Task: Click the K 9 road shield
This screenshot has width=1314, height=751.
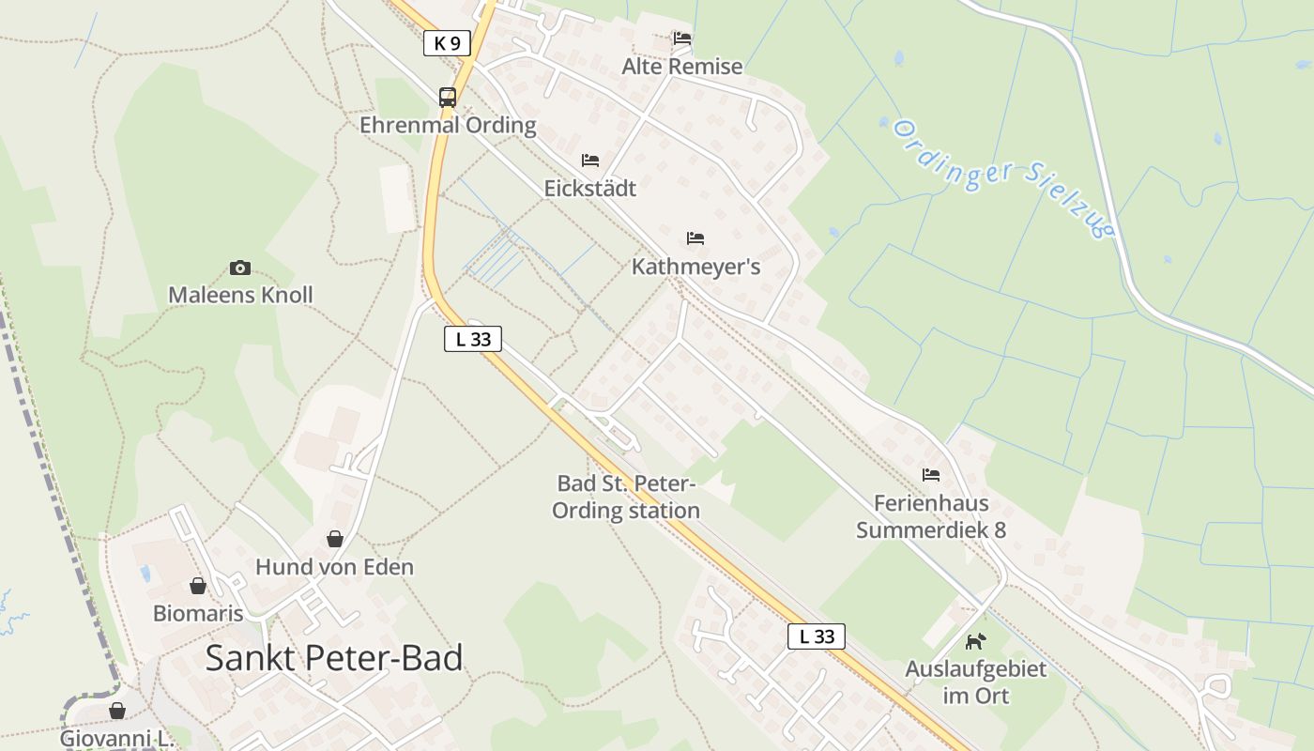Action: coord(447,42)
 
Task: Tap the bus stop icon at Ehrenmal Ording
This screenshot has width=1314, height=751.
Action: coord(448,97)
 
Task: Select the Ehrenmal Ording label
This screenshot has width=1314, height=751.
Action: coord(448,125)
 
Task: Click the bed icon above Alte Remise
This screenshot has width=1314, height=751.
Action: coord(682,38)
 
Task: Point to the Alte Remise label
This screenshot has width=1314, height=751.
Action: coord(682,67)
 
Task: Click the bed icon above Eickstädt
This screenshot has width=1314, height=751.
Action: coord(590,161)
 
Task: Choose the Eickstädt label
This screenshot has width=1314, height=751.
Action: coord(590,189)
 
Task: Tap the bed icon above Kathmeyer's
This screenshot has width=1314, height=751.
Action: coord(695,238)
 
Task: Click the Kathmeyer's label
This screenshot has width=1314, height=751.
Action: coord(695,267)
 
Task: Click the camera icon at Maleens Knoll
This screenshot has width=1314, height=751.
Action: coord(240,268)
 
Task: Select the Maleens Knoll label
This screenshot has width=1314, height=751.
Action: coord(240,295)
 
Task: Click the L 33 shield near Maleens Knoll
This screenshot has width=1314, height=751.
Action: coord(473,339)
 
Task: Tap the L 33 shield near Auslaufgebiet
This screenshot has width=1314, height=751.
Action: coord(817,636)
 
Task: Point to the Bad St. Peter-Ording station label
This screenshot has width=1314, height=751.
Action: coord(626,498)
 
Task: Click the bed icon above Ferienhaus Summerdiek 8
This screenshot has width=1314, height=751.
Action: coord(931,475)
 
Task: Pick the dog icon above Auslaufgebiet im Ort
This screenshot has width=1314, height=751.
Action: coord(976,641)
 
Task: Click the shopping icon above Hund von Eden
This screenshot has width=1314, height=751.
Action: coord(335,539)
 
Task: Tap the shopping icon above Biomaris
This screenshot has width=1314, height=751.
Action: coord(198,586)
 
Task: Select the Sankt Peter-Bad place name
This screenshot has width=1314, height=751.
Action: coord(334,658)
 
